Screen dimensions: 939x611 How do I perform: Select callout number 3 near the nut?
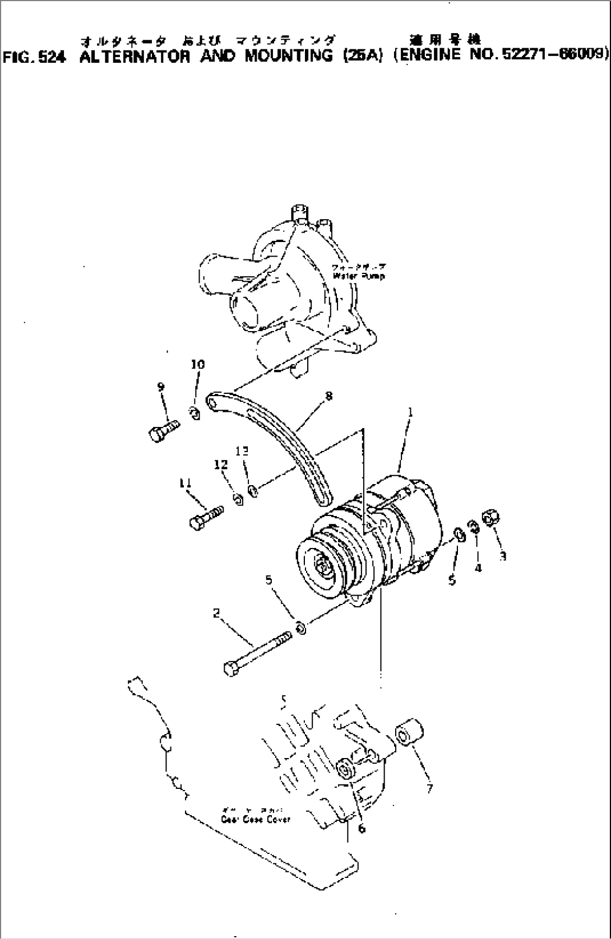tap(503, 556)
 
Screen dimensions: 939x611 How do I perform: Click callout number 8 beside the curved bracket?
tap(328, 396)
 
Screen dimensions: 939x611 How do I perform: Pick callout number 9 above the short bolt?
tap(161, 387)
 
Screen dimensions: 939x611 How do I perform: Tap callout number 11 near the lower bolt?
tap(186, 483)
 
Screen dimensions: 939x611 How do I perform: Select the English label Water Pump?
tap(359, 276)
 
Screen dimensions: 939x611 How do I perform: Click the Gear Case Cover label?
tap(256, 819)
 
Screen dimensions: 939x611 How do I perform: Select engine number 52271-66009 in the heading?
tap(555, 55)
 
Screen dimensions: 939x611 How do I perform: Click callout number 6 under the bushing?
tap(361, 829)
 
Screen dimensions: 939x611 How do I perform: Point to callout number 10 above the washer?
tap(198, 365)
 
